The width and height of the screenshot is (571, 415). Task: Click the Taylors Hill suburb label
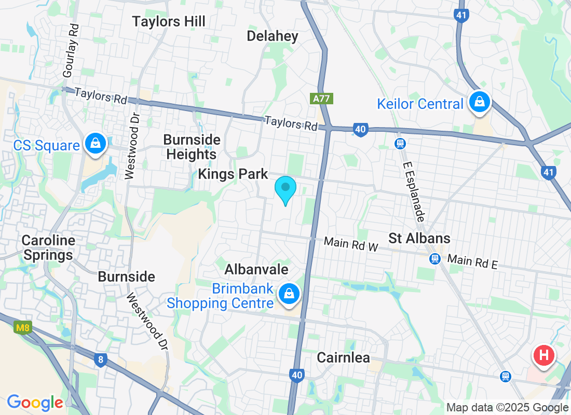click(x=169, y=22)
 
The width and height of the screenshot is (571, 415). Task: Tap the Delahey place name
click(x=273, y=36)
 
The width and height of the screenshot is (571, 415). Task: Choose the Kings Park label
click(x=233, y=174)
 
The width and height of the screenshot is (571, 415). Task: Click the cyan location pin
click(x=285, y=189)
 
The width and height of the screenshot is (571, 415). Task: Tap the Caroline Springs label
click(x=48, y=248)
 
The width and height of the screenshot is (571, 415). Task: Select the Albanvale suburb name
click(x=256, y=270)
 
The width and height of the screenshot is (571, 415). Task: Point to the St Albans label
click(x=419, y=239)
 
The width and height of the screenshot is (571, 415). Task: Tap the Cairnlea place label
click(x=343, y=358)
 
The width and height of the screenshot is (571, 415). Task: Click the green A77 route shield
click(x=321, y=98)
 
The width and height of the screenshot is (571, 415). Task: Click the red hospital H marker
click(x=543, y=356)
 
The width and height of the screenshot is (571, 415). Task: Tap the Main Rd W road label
click(x=351, y=244)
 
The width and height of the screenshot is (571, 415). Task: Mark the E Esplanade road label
click(x=415, y=189)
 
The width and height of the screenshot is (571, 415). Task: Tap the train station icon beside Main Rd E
click(x=435, y=258)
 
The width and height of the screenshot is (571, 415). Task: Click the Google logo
click(x=35, y=402)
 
